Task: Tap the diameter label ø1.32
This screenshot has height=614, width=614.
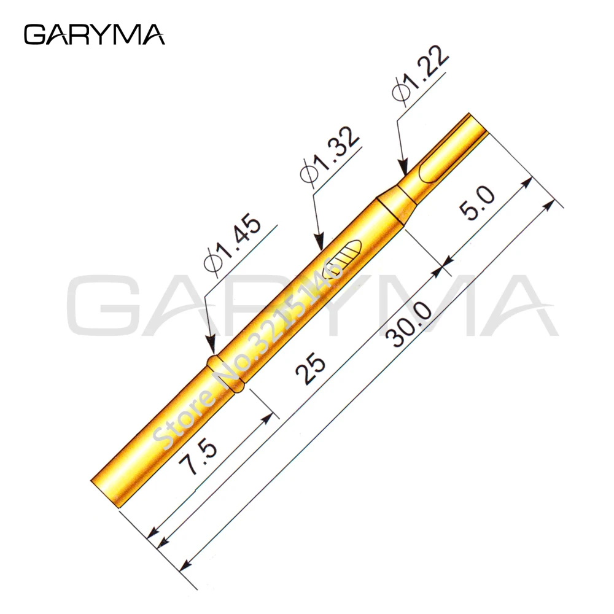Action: pyautogui.click(x=329, y=155)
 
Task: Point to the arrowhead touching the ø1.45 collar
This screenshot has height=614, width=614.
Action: pyautogui.click(x=211, y=350)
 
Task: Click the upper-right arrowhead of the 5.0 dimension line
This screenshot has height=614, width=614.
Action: pyautogui.click(x=527, y=182)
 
